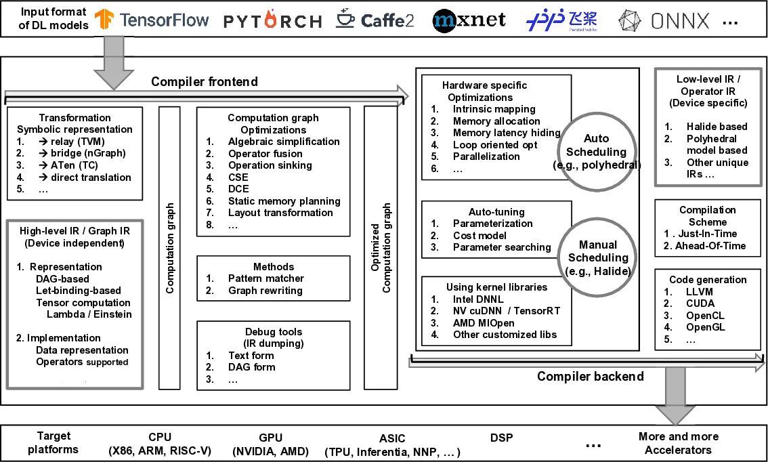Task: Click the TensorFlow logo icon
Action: click(104, 20)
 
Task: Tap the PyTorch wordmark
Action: click(272, 22)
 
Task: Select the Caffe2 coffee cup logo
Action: click(345, 20)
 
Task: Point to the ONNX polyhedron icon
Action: click(631, 22)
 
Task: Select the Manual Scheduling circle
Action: click(598, 257)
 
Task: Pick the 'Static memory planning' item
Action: click(284, 201)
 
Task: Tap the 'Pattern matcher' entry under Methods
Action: click(265, 278)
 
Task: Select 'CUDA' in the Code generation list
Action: click(699, 303)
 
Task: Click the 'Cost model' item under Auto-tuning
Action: click(479, 235)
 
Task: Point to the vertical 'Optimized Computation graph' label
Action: click(381, 247)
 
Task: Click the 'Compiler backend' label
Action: click(590, 376)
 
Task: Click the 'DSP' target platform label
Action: click(501, 438)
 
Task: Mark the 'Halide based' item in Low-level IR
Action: click(717, 126)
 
